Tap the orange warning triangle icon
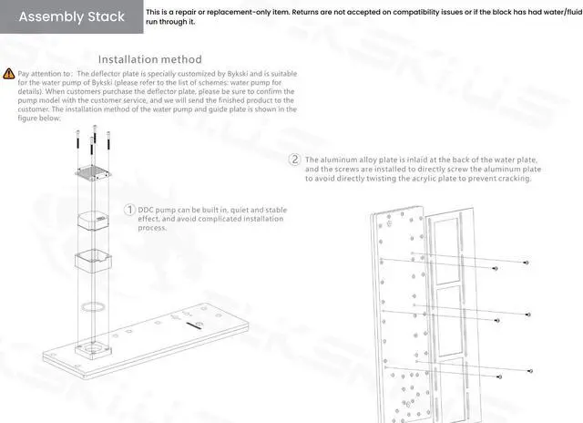[x=9, y=72]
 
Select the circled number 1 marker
[x=130, y=210]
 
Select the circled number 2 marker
[x=294, y=159]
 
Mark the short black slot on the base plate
[x=197, y=323]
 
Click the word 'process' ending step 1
[x=152, y=228]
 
